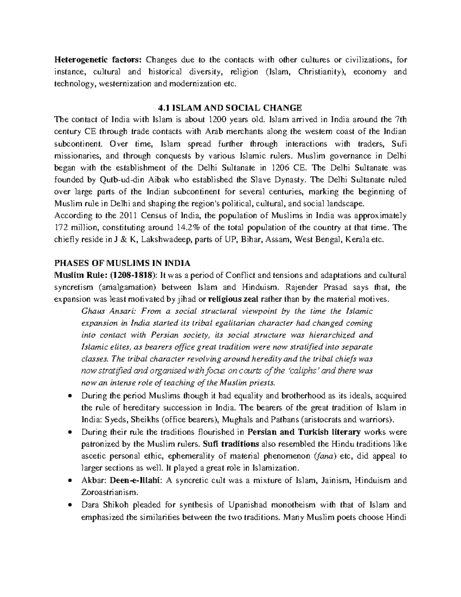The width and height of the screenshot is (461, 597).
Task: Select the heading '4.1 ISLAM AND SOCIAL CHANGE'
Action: (x=230, y=108)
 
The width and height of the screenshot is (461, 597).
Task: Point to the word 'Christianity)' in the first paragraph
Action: (x=319, y=72)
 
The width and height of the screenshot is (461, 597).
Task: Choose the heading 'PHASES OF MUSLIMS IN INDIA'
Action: (x=123, y=263)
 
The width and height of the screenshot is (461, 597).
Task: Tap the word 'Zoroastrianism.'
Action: (x=109, y=492)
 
